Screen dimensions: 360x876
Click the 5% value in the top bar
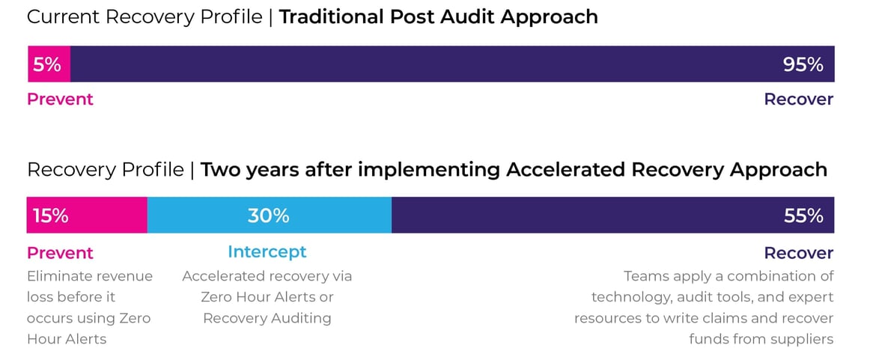pyautogui.click(x=47, y=64)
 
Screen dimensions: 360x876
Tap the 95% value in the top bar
pyautogui.click(x=803, y=64)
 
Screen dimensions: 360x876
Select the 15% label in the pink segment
pyautogui.click(x=51, y=216)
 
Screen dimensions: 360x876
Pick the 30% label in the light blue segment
pyautogui.click(x=268, y=216)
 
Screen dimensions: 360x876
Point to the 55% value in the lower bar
pyautogui.click(x=803, y=216)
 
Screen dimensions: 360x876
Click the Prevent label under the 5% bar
pyautogui.click(x=60, y=99)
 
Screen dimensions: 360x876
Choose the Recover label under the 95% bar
pyautogui.click(x=798, y=99)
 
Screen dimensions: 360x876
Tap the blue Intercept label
pyautogui.click(x=267, y=251)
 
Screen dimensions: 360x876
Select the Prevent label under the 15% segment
pyautogui.click(x=60, y=252)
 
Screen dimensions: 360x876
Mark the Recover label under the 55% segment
pyautogui.click(x=798, y=252)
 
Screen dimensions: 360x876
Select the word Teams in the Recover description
pyautogui.click(x=645, y=276)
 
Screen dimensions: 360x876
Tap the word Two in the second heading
pyautogui.click(x=219, y=170)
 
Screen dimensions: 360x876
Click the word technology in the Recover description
pyautogui.click(x=628, y=297)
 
